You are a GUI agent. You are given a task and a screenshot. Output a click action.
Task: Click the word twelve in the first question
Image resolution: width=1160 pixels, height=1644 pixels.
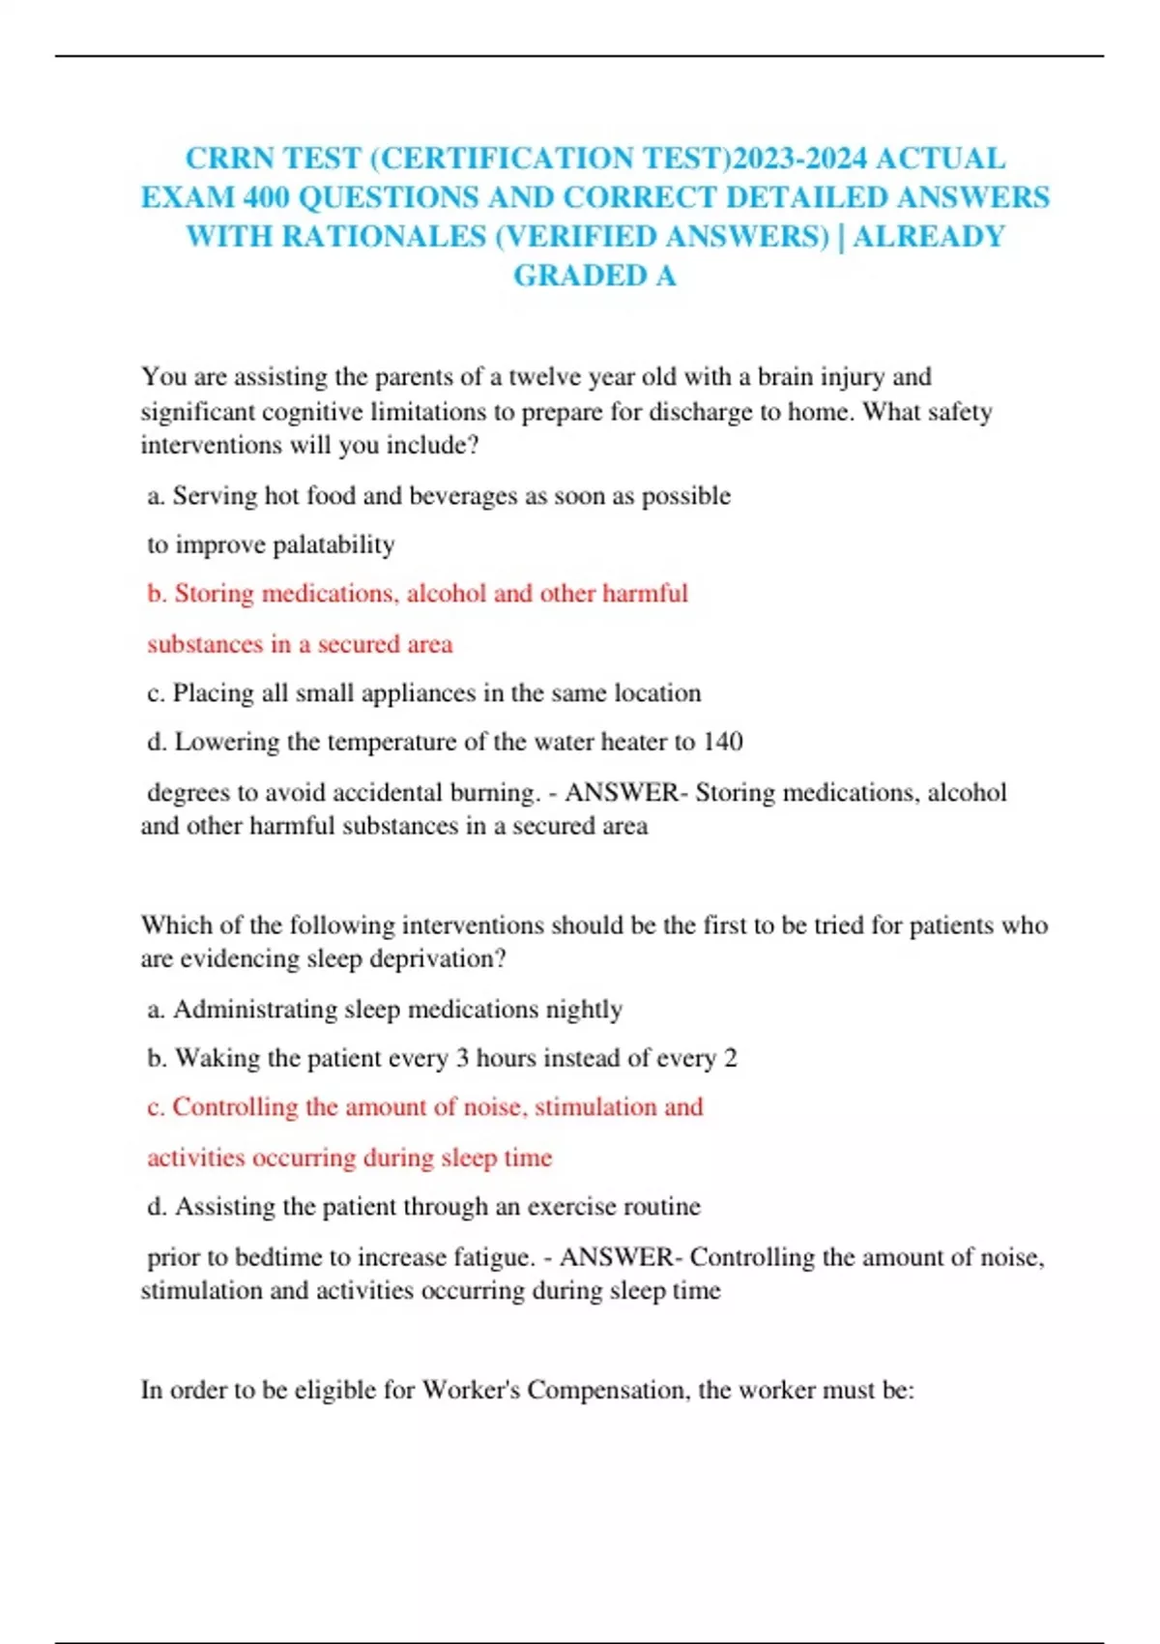click(x=546, y=376)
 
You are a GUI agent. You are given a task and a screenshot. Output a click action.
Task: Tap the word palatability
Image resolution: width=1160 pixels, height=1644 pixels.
click(x=333, y=544)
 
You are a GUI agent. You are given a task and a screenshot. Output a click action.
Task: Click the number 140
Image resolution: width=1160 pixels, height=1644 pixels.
click(x=722, y=742)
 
